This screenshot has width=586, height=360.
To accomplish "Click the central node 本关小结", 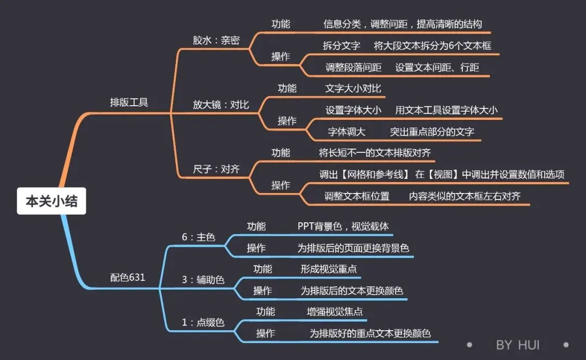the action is click(x=52, y=201).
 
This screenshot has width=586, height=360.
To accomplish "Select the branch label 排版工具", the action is click(x=129, y=102).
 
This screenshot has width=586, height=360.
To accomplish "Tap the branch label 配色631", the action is click(x=128, y=277).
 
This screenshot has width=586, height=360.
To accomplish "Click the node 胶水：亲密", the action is click(x=216, y=40).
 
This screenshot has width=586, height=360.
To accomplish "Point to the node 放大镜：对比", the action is click(x=221, y=104).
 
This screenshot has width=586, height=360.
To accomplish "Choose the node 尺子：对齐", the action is click(x=216, y=169).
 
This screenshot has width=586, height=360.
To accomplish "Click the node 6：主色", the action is click(x=198, y=237).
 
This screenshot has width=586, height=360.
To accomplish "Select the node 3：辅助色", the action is click(x=203, y=280).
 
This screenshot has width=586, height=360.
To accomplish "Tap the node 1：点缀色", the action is click(x=203, y=322).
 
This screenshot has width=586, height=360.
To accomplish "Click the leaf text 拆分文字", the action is click(x=341, y=46).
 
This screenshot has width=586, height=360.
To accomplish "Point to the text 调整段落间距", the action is click(x=353, y=67).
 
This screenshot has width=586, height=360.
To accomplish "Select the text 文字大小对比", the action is click(x=353, y=88).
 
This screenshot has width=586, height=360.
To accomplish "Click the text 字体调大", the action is click(x=347, y=131).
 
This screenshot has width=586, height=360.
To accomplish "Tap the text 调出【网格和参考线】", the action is click(x=364, y=174).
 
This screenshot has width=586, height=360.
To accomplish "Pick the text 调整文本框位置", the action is click(x=356, y=196).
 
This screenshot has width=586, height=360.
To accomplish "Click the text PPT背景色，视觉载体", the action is click(x=343, y=226).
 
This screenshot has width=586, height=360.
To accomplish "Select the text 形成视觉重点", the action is click(x=328, y=268).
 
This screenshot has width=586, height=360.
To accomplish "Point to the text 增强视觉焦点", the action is click(x=335, y=311).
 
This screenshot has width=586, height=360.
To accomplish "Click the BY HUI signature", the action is click(x=518, y=345).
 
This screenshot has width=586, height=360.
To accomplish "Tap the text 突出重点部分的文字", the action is click(x=432, y=131).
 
